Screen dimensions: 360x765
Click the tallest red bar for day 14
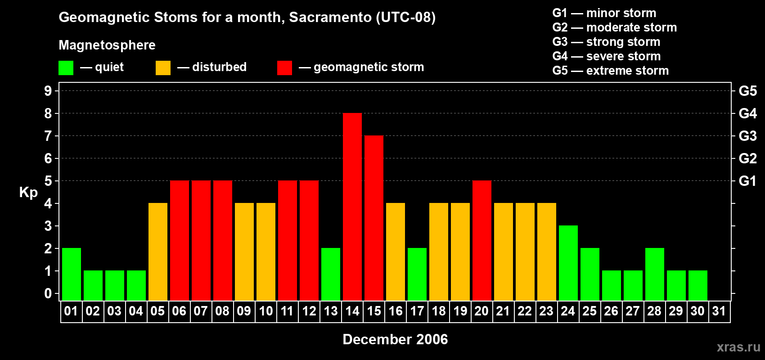[352, 207]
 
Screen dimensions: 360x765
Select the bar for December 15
[374, 218]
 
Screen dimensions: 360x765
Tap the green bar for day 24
[568, 263]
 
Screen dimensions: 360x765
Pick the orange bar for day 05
[158, 252]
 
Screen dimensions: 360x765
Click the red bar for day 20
[482, 241]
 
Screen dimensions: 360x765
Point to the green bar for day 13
[331, 274]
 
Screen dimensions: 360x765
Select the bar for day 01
[72, 274]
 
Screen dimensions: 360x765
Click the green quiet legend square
[66, 68]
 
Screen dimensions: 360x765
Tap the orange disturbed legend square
[163, 68]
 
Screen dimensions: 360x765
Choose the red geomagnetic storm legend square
[284, 68]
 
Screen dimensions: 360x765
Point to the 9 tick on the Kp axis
[48, 91]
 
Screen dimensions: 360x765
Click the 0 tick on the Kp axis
[48, 294]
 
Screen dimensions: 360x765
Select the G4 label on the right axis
[747, 113]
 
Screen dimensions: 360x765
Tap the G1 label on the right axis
[747, 181]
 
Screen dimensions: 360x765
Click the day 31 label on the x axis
[719, 311]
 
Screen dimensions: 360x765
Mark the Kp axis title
[28, 193]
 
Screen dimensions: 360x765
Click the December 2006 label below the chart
[395, 339]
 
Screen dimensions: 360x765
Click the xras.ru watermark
[738, 347]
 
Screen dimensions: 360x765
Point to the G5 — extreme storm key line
[610, 71]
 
